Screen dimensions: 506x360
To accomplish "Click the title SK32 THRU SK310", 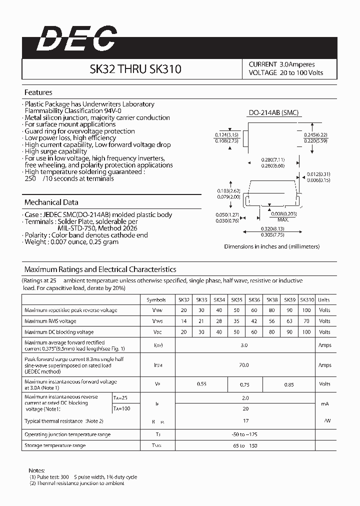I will point(135,69).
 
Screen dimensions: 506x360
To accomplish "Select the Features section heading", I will point(38,92).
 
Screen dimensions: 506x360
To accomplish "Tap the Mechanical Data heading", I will point(51,202).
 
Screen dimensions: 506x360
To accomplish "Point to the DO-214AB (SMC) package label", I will point(273,113).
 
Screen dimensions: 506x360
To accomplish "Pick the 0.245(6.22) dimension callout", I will point(315,135).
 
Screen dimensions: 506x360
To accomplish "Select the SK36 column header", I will point(254,300).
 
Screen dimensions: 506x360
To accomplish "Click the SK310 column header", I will point(307,300).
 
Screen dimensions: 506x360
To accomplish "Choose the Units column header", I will point(324,300).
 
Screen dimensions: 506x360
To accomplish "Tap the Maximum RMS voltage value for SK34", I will point(219,321).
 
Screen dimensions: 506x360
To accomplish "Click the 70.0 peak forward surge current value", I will point(244,365).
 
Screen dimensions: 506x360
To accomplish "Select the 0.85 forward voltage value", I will point(289,384).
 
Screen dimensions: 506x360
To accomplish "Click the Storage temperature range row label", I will point(55,445).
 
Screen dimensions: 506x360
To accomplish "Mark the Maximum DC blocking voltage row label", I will point(59,332).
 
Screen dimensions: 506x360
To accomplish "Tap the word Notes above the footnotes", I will point(37,470).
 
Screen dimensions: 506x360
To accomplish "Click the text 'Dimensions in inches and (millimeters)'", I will point(271,246).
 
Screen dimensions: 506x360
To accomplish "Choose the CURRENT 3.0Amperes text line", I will point(281,64).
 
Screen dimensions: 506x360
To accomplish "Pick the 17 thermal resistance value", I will point(245,421).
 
